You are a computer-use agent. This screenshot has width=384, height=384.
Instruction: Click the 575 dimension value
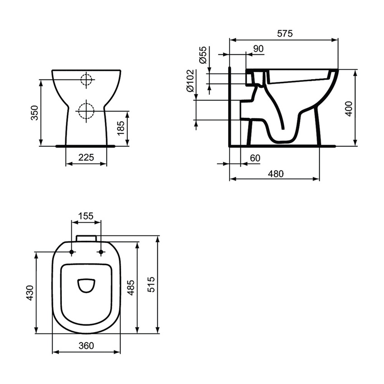click(x=285, y=33)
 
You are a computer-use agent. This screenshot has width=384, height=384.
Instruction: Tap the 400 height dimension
click(x=348, y=108)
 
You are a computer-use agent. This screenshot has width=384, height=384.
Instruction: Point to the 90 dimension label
click(x=258, y=49)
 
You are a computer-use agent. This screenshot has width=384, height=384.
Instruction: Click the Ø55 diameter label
click(x=203, y=55)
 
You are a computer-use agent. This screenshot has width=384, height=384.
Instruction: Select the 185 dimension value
click(x=121, y=129)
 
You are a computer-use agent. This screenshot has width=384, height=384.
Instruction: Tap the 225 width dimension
click(x=86, y=157)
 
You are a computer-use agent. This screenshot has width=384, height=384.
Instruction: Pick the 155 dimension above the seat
click(x=86, y=216)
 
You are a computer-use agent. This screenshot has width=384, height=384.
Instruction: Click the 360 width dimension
click(x=86, y=346)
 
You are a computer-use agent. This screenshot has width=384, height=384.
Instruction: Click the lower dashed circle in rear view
click(x=85, y=110)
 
